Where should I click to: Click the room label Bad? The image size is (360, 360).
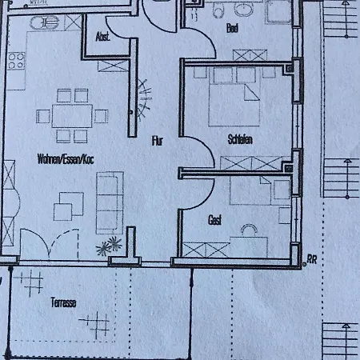(233, 28)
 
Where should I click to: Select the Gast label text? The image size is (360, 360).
(214, 219)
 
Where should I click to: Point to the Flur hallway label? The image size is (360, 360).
(158, 141)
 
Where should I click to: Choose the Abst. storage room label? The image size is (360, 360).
(102, 36)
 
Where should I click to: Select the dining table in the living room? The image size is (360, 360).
(71, 114)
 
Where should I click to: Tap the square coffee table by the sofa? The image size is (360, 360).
(64, 210)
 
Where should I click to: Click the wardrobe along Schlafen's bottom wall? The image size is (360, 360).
(251, 163)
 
